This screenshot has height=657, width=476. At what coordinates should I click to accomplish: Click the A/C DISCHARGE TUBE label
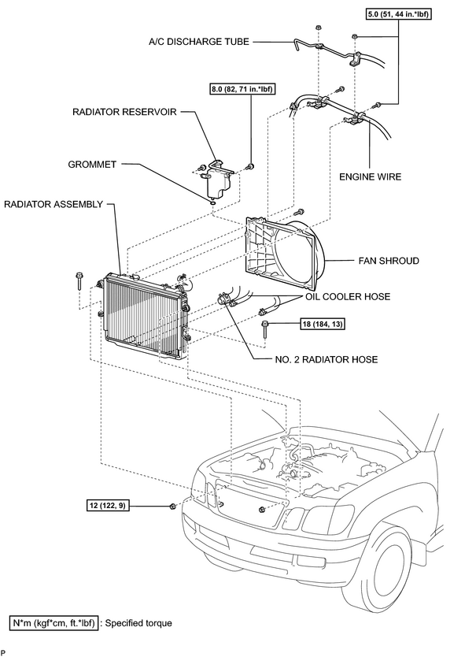(199, 42)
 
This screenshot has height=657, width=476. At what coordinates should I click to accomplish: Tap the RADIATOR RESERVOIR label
(124, 112)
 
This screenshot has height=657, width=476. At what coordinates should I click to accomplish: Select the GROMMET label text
(92, 164)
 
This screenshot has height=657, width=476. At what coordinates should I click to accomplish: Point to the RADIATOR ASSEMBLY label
(54, 204)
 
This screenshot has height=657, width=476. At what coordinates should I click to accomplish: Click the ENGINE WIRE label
(370, 176)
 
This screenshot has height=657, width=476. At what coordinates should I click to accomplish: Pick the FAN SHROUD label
(389, 261)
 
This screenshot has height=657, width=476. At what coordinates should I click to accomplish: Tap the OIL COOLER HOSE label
(348, 297)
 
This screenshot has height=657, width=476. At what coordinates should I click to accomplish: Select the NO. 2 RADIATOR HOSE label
(327, 359)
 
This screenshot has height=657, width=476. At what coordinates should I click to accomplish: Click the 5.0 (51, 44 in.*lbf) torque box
(398, 14)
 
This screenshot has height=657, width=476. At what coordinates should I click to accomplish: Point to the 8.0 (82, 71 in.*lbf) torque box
(242, 89)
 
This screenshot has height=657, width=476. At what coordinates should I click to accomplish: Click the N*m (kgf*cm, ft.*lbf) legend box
(54, 623)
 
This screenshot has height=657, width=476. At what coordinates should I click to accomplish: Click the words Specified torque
(138, 623)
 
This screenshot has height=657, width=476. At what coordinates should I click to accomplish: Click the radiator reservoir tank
(217, 180)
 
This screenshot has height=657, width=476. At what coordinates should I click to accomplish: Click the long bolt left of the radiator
(79, 280)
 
